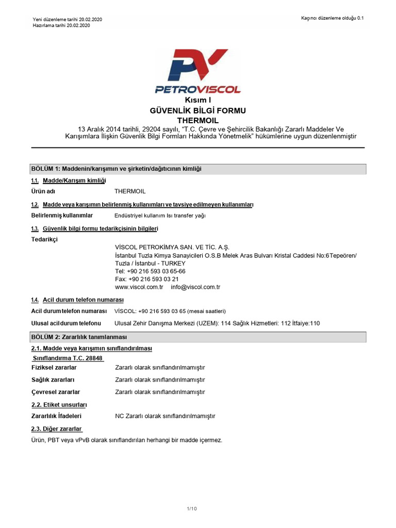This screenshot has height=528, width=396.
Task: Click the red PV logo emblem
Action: tap(199, 65)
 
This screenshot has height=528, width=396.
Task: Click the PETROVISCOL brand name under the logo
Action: tap(198, 89)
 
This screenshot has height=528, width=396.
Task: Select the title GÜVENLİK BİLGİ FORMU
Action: tap(198, 110)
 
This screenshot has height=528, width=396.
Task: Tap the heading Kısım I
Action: tap(198, 100)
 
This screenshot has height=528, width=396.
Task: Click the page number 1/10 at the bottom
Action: tap(192, 509)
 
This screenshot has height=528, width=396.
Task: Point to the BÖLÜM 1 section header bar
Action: tap(198, 169)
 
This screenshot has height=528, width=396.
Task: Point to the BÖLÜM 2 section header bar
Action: tap(198, 337)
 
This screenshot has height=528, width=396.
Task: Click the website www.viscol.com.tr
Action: tap(139, 287)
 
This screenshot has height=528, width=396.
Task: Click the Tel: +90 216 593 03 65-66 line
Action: tap(150, 271)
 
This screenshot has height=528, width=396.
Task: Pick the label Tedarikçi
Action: tap(45, 240)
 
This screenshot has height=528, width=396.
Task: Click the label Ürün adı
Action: tap(43, 191)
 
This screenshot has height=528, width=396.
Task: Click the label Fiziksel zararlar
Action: tap(54, 367)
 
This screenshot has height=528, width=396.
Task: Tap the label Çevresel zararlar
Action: tap(56, 392)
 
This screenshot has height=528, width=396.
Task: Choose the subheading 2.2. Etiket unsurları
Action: tap(59, 404)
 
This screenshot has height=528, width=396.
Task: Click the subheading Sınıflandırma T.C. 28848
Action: tap(68, 358)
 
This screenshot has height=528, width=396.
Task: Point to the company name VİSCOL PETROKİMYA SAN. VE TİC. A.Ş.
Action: tap(172, 247)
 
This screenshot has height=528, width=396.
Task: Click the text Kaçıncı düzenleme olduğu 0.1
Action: tap(333, 18)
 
